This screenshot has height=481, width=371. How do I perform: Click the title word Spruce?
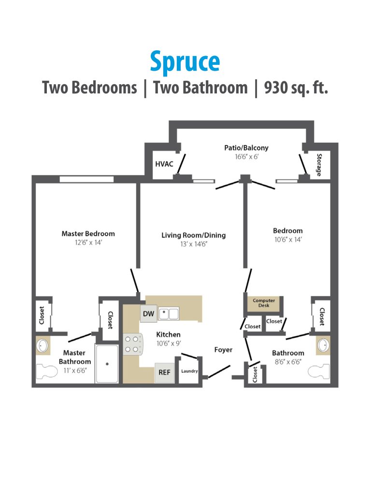tap(185, 62)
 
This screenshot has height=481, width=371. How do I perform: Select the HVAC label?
tap(164, 164)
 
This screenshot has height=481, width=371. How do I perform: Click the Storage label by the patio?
tap(319, 165)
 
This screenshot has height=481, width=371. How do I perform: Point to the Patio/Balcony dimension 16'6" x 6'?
tap(246, 157)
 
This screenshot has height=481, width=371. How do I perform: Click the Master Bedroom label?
tap(88, 234)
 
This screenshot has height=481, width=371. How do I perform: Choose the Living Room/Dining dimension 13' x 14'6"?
tap(193, 244)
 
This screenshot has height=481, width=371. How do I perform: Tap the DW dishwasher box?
tap(148, 314)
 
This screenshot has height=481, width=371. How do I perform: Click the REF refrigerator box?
tap(163, 373)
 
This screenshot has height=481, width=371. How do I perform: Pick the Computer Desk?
tap(264, 303)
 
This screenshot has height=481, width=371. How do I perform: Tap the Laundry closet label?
tap(189, 371)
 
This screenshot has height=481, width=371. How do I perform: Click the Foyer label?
tap(223, 349)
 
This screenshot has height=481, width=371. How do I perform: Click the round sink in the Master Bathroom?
tap(42, 346)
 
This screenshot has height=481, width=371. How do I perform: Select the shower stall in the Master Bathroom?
tap(107, 364)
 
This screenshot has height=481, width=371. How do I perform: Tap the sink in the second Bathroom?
tap(323, 346)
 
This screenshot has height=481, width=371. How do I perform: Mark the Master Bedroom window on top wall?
tap(86, 179)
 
